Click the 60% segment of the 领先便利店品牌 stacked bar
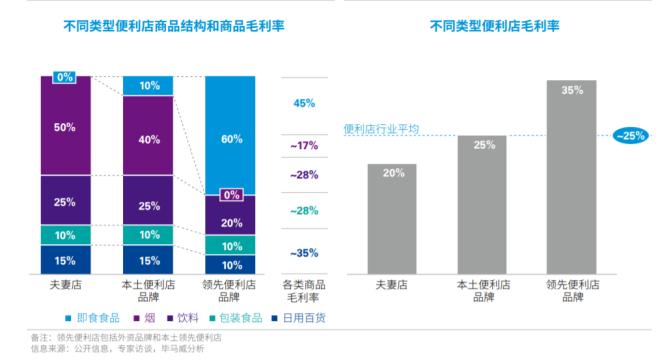coord(231,140)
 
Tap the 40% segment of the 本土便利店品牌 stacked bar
coord(149,139)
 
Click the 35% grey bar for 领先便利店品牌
coord(571,176)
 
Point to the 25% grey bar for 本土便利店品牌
coord(481,204)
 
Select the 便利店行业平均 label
coord(381,129)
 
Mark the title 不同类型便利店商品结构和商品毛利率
coord(165,23)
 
